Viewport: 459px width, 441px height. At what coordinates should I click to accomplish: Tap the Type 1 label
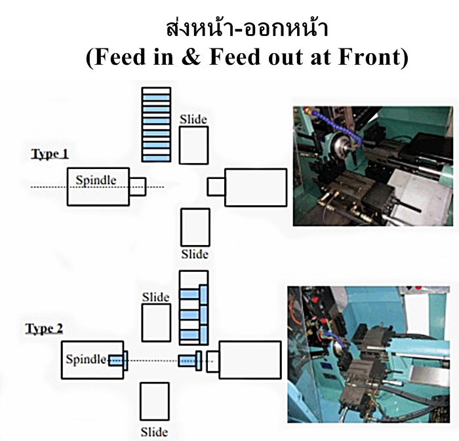click(50, 155)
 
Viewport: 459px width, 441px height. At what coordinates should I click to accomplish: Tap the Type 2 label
click(44, 328)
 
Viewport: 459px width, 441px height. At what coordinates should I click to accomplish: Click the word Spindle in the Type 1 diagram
click(96, 180)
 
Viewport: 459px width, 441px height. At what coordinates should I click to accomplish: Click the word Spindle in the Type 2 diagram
click(85, 359)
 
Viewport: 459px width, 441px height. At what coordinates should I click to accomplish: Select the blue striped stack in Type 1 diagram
click(156, 125)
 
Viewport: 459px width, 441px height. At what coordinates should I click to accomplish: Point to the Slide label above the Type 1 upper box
click(193, 119)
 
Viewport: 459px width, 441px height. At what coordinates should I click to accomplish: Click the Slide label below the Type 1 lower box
click(194, 254)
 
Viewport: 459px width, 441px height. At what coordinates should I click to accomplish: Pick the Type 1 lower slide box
click(195, 227)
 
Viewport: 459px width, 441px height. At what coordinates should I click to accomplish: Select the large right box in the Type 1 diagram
click(256, 187)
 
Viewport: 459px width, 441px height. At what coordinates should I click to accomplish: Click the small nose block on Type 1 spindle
click(138, 187)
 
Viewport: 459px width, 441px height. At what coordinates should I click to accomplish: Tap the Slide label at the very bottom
click(154, 432)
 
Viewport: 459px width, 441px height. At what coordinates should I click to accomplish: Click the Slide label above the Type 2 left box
click(155, 297)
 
